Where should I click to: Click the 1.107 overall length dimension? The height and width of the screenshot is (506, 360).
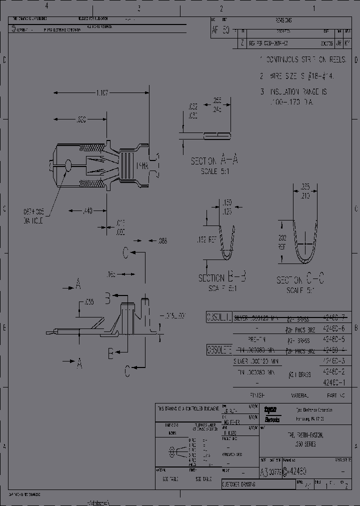[102, 93]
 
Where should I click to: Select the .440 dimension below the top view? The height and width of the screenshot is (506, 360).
[87, 211]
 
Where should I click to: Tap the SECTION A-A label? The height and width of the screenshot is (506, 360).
[214, 161]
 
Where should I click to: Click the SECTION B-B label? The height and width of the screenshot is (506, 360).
[222, 278]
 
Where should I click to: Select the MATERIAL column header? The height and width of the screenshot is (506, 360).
[300, 395]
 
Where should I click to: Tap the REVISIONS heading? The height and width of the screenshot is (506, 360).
[283, 20]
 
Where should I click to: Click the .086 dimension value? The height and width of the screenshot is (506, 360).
[162, 240]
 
